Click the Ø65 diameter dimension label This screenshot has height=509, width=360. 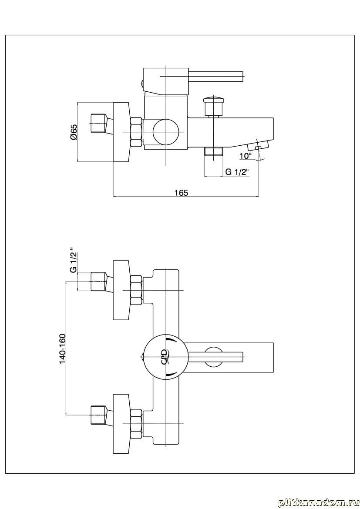click(73, 132)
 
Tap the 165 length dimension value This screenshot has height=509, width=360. click(182, 193)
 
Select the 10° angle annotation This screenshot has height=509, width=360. click(245, 156)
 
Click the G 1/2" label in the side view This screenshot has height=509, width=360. click(236, 172)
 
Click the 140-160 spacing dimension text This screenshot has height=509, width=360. click(62, 348)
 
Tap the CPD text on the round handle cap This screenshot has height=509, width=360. click(164, 357)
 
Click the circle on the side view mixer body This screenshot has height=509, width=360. click(166, 132)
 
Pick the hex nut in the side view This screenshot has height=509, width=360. click(136, 132)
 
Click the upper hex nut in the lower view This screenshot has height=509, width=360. click(136, 290)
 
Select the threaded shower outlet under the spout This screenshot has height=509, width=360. click(213, 151)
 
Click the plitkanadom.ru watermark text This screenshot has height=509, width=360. click(316, 502)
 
